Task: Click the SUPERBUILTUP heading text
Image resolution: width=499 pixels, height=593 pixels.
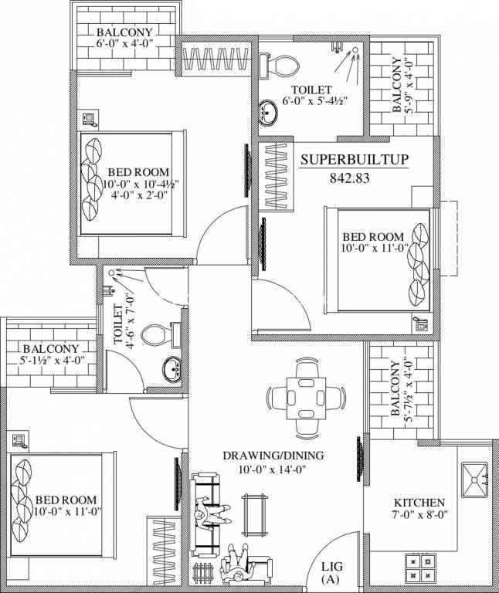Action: click(x=355, y=160)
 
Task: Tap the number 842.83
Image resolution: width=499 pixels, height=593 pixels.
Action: click(x=350, y=178)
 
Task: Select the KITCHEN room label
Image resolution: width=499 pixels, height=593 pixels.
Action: click(x=419, y=503)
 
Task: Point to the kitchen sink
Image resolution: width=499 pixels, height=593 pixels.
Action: click(x=474, y=480)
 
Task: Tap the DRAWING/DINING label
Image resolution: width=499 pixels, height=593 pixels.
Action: click(x=273, y=456)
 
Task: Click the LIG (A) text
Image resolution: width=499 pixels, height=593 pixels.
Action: click(x=332, y=572)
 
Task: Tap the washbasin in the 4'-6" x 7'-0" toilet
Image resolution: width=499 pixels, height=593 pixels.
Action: click(x=171, y=369)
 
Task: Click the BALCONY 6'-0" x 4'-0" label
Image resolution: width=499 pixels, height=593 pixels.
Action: click(x=124, y=37)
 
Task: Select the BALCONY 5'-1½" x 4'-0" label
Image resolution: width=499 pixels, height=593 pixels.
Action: click(x=51, y=354)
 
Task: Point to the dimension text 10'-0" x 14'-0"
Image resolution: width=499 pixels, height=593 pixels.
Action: click(x=272, y=469)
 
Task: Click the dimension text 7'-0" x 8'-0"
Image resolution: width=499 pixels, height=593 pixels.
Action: click(x=420, y=514)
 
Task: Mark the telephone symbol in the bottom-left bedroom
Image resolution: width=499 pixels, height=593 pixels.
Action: click(x=19, y=441)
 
